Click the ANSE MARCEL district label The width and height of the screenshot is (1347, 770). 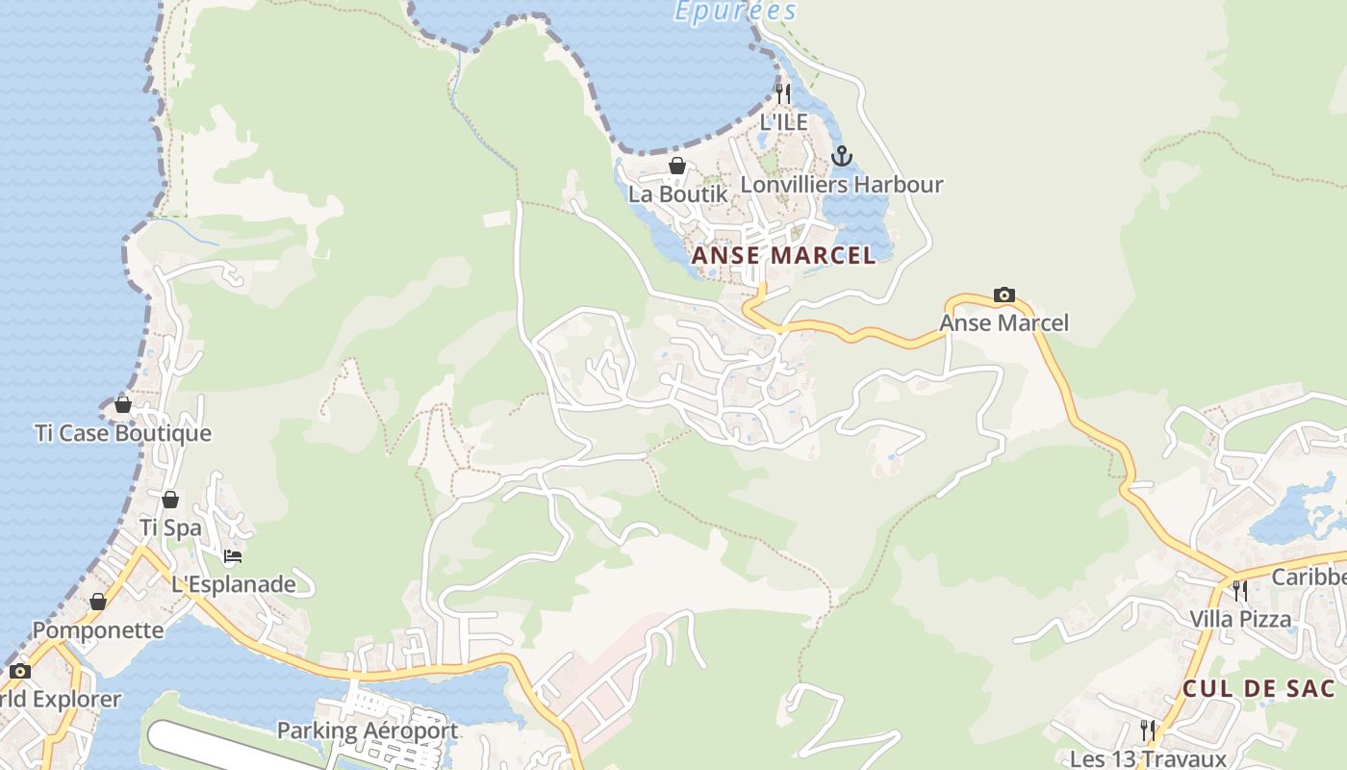[784, 255]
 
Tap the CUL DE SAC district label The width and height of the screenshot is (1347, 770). [1258, 688]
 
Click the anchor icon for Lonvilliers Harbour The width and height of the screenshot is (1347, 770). [842, 156]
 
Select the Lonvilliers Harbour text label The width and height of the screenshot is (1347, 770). [842, 184]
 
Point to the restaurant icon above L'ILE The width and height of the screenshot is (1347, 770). [783, 93]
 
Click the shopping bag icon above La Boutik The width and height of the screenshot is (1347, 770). [677, 166]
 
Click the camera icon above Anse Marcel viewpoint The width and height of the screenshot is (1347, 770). [1004, 295]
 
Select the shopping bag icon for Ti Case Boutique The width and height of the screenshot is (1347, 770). [123, 404]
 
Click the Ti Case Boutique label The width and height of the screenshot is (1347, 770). [123, 433]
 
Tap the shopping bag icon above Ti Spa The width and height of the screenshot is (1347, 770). [170, 500]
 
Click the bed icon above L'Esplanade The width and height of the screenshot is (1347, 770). [233, 555]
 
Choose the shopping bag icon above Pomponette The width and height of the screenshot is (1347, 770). [98, 602]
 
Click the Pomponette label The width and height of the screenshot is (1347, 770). [98, 630]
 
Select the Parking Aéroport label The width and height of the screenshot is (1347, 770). [368, 731]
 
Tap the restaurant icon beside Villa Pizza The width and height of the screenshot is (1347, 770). [1240, 590]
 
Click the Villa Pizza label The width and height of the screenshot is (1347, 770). [1240, 618]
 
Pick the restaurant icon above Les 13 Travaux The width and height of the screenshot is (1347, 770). [1148, 730]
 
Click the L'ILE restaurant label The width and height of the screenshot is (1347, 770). [783, 122]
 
